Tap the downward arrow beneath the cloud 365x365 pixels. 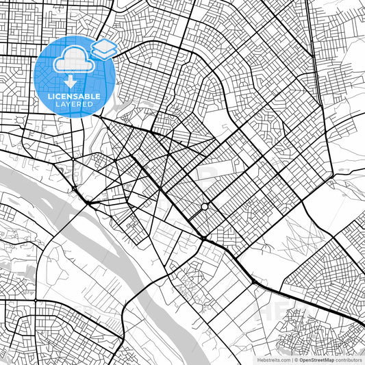pyautogui.click(x=70, y=81)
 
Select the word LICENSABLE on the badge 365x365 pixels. pyautogui.click(x=74, y=97)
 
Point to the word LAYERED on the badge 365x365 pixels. pyautogui.click(x=73, y=105)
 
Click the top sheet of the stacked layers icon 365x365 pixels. pyautogui.click(x=105, y=46)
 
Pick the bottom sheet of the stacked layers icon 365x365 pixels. pyautogui.click(x=105, y=54)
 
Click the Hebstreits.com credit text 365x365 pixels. pyautogui.click(x=272, y=359)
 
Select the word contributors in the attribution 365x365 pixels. pyautogui.click(x=348, y=359)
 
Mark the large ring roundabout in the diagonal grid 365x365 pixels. pyautogui.click(x=205, y=206)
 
